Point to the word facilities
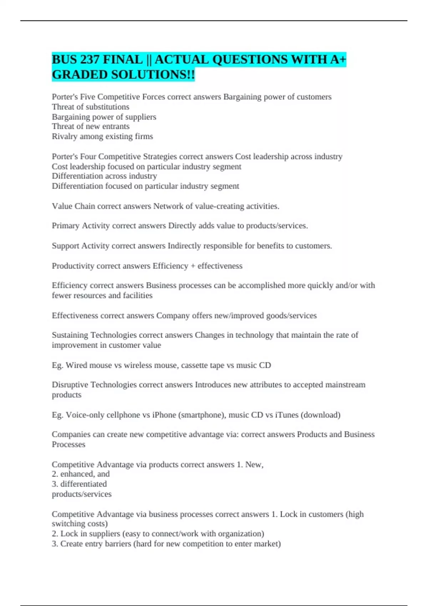pyautogui.click(x=138, y=296)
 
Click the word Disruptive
pyautogui.click(x=70, y=385)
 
